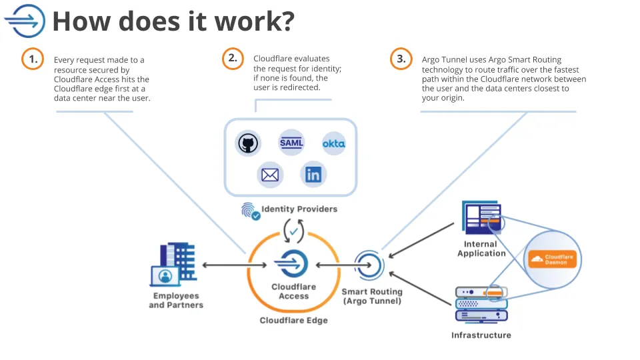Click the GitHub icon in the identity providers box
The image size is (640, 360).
point(247,143)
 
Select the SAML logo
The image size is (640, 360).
point(291,143)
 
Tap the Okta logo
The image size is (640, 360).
point(333,143)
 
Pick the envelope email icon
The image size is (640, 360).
point(270,175)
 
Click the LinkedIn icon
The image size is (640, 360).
point(313,175)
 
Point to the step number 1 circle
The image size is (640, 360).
point(32,59)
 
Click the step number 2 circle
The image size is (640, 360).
point(232,59)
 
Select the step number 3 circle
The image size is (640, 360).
point(401,59)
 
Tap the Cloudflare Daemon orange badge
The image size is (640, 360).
point(551,259)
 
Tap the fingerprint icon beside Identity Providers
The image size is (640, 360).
point(250,211)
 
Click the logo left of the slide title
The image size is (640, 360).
point(25,21)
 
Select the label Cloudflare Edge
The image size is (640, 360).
point(293,320)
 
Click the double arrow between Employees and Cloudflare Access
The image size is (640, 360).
point(224,265)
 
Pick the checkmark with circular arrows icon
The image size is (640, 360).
point(293,231)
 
